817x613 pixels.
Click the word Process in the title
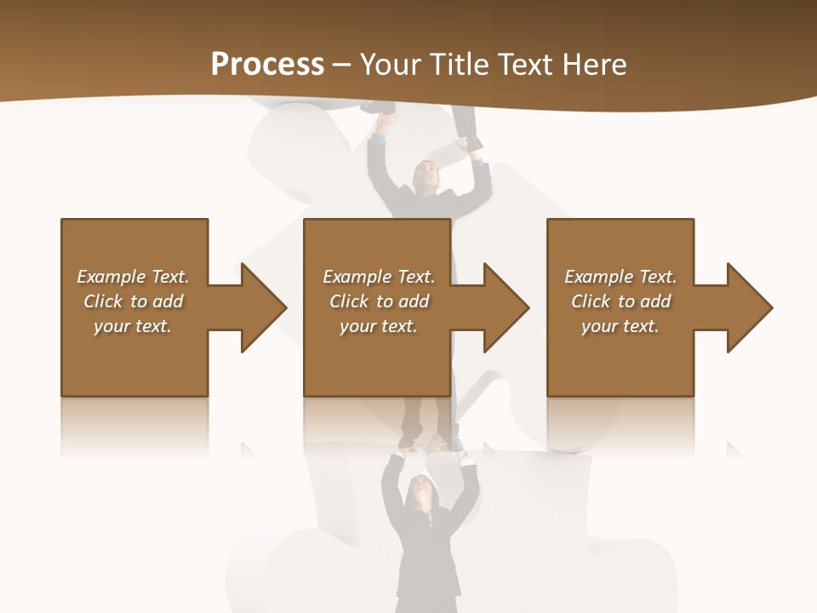[x=267, y=65]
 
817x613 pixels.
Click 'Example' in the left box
[x=111, y=277]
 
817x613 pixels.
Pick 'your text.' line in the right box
[x=620, y=326]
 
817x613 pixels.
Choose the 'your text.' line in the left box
[x=133, y=326]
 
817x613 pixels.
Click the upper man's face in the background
[x=426, y=177]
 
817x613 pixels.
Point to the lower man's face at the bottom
[x=420, y=490]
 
